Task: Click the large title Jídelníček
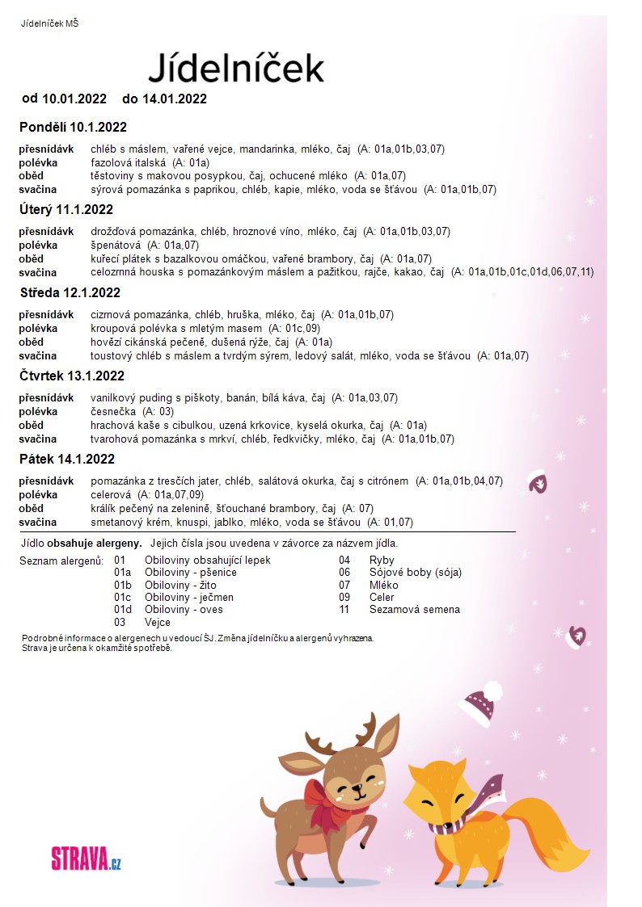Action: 236,68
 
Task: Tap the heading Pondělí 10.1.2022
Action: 73,128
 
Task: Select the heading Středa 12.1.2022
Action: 70,292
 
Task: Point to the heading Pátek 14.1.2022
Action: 67,460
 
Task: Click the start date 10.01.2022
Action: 74,99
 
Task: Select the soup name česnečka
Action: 113,411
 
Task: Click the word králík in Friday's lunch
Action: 105,508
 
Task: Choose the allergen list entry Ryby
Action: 382,560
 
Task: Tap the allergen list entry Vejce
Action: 158,623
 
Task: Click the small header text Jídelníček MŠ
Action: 49,23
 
